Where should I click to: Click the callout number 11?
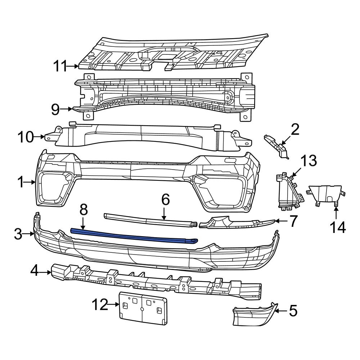tap(60, 66)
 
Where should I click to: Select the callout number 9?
tap(55, 109)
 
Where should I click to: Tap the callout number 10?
tap(26, 137)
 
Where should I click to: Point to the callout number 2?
tap(295, 130)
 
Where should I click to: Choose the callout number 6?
tap(165, 199)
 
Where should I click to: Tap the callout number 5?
tap(293, 311)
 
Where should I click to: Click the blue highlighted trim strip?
tap(133, 235)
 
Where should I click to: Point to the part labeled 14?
tap(325, 194)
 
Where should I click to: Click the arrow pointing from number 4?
tap(45, 273)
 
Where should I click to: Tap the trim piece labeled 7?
tap(234, 222)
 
